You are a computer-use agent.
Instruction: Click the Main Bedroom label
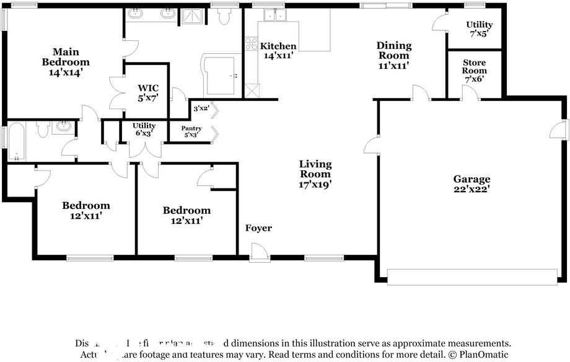pyautogui.click(x=65, y=62)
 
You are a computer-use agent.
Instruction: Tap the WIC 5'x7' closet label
pyautogui.click(x=148, y=92)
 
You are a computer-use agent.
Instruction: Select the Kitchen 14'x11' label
pyautogui.click(x=278, y=51)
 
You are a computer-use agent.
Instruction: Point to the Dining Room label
pyautogui.click(x=394, y=55)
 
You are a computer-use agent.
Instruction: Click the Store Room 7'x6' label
pyautogui.click(x=474, y=71)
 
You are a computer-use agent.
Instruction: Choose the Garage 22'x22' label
pyautogui.click(x=471, y=184)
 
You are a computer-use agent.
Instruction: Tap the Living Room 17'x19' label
pyautogui.click(x=315, y=174)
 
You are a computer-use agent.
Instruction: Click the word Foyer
pyautogui.click(x=258, y=228)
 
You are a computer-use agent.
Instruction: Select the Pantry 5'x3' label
pyautogui.click(x=191, y=131)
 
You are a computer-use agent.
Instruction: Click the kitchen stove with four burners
pyautogui.click(x=252, y=43)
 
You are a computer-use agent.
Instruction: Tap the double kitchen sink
pyautogui.click(x=273, y=15)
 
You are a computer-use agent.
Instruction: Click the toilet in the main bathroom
pyautogui.click(x=224, y=17)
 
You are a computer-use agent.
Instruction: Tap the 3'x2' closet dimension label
pyautogui.click(x=200, y=108)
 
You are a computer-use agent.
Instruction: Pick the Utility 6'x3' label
pyautogui.click(x=144, y=129)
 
